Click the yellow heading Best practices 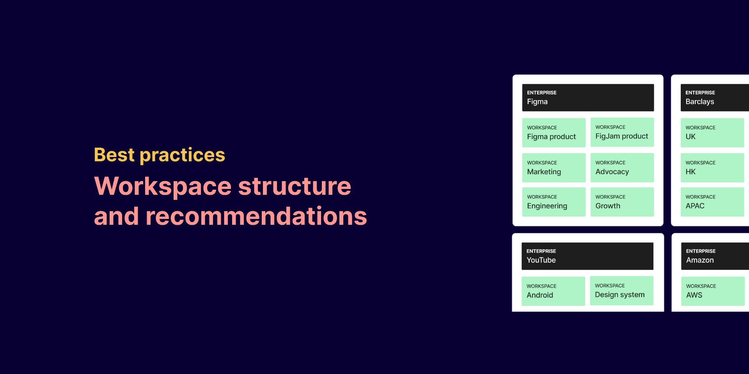pos(160,155)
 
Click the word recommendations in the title pos(256,216)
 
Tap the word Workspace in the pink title pos(163,186)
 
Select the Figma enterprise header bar pos(588,97)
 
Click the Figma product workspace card pos(554,132)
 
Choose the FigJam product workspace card pos(622,132)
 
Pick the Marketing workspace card pos(554,168)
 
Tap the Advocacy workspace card pos(622,168)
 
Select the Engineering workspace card pos(554,202)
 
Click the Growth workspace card pos(622,202)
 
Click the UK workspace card pos(712,132)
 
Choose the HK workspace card pos(712,168)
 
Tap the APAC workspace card pos(712,202)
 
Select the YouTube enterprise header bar pos(587,256)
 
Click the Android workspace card pos(553,291)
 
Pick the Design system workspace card pos(621,291)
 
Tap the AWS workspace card pos(713,291)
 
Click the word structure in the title pos(295,186)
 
